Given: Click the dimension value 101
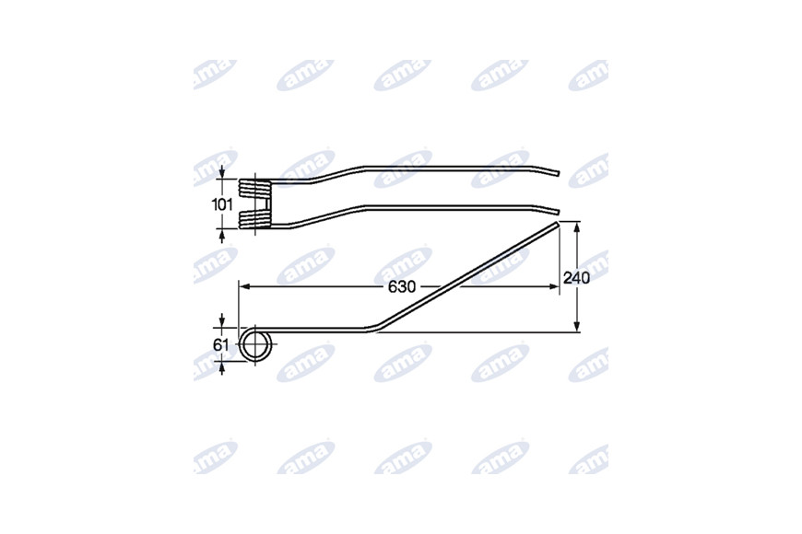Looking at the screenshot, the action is click(x=222, y=205).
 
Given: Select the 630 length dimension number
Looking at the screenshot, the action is click(x=402, y=287).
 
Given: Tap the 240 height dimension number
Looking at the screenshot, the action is click(x=576, y=278).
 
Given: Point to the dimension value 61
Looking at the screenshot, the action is click(x=221, y=345).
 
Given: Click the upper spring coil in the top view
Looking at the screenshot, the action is click(x=254, y=188).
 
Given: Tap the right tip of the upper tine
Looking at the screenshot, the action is click(x=559, y=173).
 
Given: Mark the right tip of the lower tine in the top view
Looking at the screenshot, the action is click(x=559, y=212).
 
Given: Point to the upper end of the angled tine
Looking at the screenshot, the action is click(x=556, y=224).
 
